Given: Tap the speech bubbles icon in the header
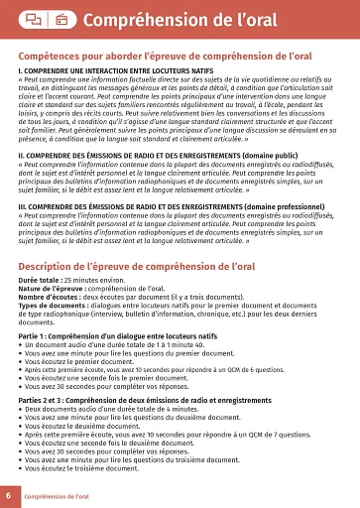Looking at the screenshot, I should pyautogui.click(x=33, y=19).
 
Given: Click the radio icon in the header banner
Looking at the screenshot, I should pyautogui.click(x=61, y=19).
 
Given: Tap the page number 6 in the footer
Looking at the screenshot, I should pyautogui.click(x=8, y=494).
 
